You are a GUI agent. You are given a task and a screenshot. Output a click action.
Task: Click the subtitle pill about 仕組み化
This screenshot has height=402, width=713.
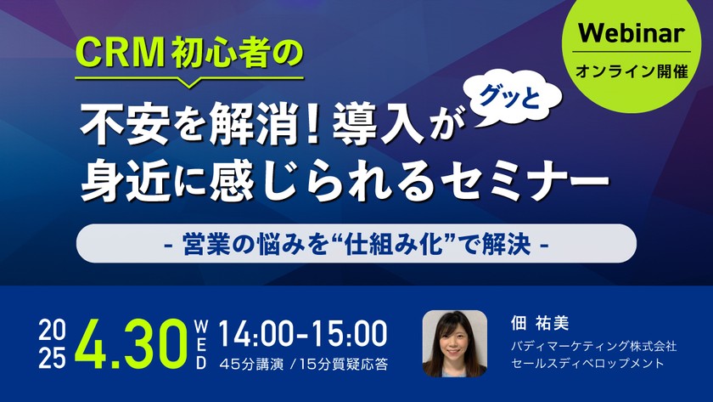(356, 244)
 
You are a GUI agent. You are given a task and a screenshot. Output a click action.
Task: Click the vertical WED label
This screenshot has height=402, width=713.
(201, 344)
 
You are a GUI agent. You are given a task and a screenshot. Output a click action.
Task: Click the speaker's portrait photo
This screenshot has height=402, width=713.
(454, 343)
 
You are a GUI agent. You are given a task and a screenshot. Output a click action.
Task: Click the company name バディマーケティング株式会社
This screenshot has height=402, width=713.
(593, 346)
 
